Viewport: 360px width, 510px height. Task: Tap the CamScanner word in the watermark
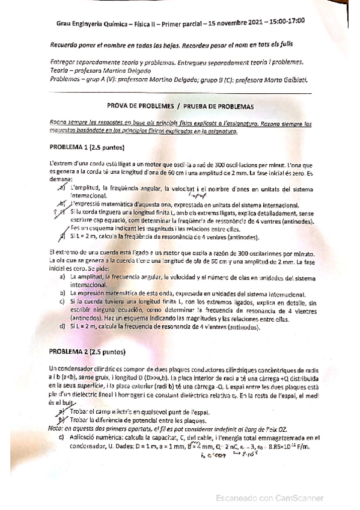[300, 497]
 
